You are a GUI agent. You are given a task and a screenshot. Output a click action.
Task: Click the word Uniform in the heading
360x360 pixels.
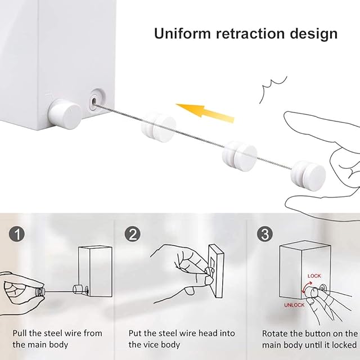coord(182,34)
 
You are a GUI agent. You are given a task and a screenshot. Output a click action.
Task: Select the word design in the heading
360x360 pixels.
coord(314,34)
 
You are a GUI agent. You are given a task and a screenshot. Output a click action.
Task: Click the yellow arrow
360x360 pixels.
coord(205,112)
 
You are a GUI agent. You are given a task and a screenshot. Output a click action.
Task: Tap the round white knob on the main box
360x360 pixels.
coord(65,113)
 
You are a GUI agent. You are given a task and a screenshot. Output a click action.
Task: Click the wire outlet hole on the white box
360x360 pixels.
coord(94,101)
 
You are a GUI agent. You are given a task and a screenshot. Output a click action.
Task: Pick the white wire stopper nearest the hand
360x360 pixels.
coord(308,175)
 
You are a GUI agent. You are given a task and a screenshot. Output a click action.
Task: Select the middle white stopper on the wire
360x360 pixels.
coord(240,156)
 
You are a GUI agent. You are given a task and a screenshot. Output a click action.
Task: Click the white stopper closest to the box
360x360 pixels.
coord(159,127)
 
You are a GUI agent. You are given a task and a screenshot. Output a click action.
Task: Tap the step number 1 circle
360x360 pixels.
coord(17,234)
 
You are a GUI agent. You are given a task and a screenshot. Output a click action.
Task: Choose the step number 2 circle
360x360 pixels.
coord(133,234)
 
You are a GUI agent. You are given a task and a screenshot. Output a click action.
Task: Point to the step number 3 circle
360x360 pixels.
coord(265,234)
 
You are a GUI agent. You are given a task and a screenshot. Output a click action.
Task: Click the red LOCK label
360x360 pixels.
coord(314,276)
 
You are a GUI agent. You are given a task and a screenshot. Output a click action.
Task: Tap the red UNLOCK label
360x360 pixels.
coord(294,305)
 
